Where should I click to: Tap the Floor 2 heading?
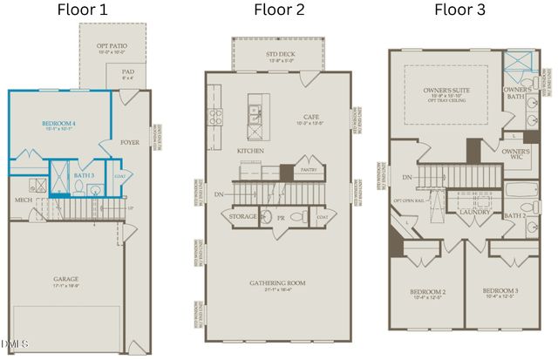coord(279,10)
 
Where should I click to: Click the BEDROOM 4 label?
coord(59,125)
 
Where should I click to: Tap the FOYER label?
coord(131,141)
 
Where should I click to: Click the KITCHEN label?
coord(250,151)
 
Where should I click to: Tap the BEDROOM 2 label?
coord(428,291)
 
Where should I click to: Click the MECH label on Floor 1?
coord(24,200)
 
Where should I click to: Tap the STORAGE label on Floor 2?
coord(243,215)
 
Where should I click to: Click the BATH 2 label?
coord(515,214)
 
